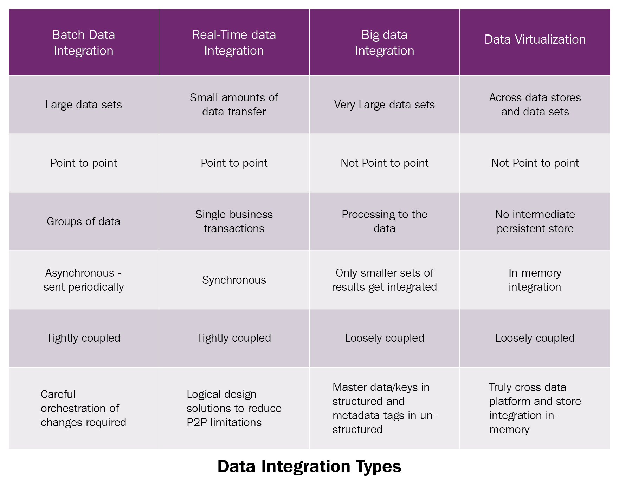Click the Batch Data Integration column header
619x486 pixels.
(84, 43)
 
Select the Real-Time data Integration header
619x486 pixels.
(234, 43)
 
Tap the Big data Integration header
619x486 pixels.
(385, 43)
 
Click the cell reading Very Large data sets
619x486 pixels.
(385, 105)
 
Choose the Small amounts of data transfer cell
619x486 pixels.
(234, 105)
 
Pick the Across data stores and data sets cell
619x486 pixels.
(535, 105)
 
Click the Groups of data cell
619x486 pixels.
(84, 221)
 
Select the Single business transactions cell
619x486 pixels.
(234, 221)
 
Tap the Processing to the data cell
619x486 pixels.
(385, 221)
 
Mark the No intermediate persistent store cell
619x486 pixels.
(535, 221)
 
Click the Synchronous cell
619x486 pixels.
(234, 280)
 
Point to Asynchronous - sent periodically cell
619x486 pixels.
(84, 280)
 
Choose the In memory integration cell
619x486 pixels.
(535, 280)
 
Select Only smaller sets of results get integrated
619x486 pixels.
(385, 280)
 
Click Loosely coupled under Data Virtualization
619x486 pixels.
(535, 338)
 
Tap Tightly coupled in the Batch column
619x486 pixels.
(84, 338)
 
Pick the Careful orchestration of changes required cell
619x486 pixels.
(84, 408)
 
